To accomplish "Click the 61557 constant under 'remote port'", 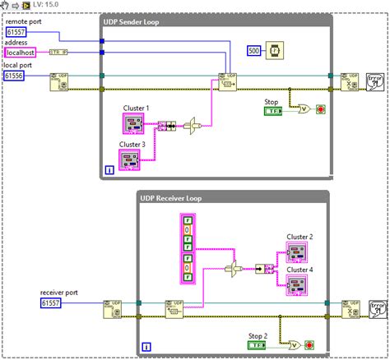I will pos(17,31).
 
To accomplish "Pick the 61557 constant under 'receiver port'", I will pos(53,303).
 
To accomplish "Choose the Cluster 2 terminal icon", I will pos(298,251).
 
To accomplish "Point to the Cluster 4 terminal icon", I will pos(298,285).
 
